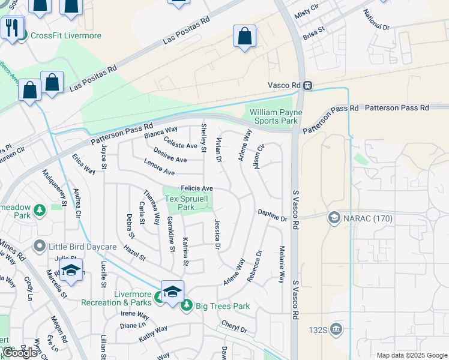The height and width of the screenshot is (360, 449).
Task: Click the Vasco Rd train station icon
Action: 307,86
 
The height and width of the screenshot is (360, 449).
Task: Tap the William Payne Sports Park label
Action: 276,116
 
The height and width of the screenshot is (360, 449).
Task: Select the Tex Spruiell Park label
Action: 188,203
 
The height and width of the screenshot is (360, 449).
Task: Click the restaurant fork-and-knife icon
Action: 11,27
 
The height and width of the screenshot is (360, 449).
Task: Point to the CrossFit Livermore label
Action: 66,35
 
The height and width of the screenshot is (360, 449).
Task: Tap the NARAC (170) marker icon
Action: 334,218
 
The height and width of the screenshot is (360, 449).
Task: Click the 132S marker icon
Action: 336,328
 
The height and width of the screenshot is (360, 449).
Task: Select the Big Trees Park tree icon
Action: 186,306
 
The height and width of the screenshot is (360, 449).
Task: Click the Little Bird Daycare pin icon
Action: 40,245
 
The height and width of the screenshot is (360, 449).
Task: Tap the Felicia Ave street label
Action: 197,188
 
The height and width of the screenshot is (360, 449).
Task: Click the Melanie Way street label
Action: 281,265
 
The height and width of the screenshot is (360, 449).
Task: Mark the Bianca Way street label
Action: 161,132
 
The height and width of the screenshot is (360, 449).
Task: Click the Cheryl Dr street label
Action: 234,329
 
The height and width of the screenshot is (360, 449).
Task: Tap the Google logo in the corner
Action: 20,353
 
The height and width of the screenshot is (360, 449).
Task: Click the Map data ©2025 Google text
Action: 411,355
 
